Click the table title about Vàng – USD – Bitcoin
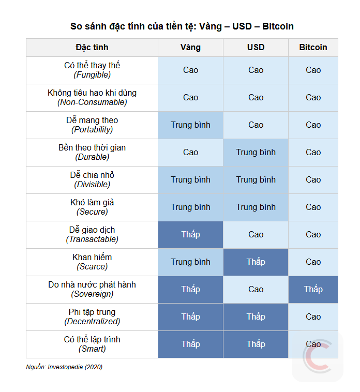(182, 26)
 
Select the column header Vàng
(190, 47)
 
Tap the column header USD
(256, 47)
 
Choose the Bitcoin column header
(313, 47)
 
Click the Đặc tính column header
(92, 47)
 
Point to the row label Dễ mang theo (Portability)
(92, 125)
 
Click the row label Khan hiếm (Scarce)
(92, 262)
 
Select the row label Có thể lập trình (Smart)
(92, 344)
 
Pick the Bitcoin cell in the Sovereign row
(313, 289)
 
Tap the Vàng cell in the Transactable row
(190, 234)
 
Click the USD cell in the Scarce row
(256, 262)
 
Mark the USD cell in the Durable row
(256, 152)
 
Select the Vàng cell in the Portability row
(190, 125)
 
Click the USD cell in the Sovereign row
(256, 289)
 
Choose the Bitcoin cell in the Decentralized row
(313, 316)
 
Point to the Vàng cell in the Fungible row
(190, 70)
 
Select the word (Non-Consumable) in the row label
(92, 102)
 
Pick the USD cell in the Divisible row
(256, 179)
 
